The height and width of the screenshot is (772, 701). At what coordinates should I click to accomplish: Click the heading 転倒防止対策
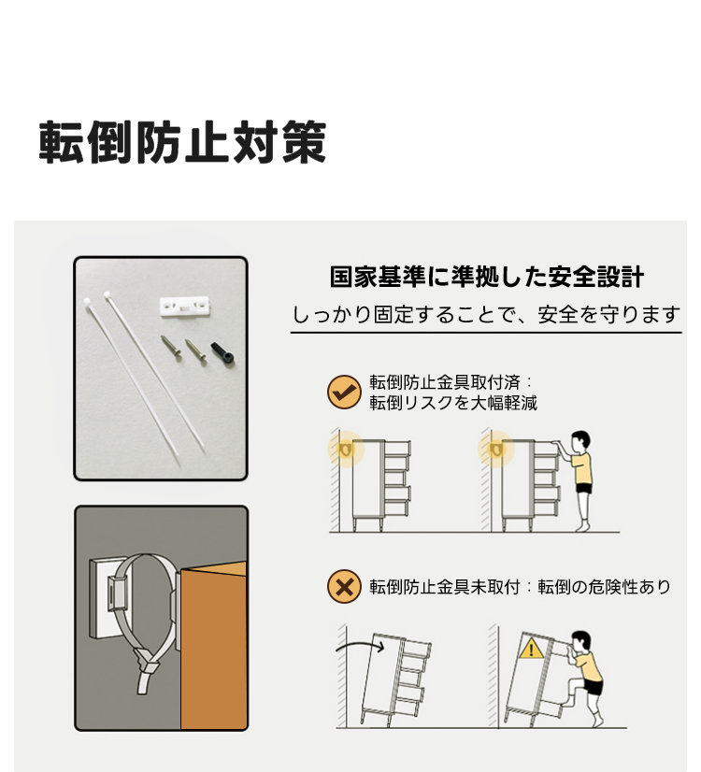point(182,142)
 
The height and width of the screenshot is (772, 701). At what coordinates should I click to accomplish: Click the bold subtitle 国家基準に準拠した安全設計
point(486,277)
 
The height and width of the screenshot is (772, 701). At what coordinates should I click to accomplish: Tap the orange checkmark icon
point(344,392)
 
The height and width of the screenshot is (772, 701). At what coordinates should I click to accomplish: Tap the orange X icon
point(344,586)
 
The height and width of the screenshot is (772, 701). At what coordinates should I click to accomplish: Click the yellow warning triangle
point(531,650)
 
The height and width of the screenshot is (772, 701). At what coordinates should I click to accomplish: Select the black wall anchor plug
point(222,352)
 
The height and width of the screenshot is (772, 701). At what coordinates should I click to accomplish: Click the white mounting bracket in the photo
point(185,307)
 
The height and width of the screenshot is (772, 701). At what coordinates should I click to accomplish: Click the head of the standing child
point(580,442)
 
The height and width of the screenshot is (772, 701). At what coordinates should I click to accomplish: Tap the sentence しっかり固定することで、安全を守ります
point(486,315)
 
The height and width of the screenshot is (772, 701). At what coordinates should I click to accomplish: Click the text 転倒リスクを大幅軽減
point(453,403)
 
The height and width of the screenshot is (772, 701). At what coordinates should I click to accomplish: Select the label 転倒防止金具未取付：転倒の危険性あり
point(520,587)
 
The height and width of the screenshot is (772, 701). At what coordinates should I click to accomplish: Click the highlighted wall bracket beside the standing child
point(496,449)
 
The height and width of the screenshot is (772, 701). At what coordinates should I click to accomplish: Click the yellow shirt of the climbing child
point(590,667)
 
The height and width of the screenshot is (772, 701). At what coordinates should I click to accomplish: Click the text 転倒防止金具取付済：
point(451,382)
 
